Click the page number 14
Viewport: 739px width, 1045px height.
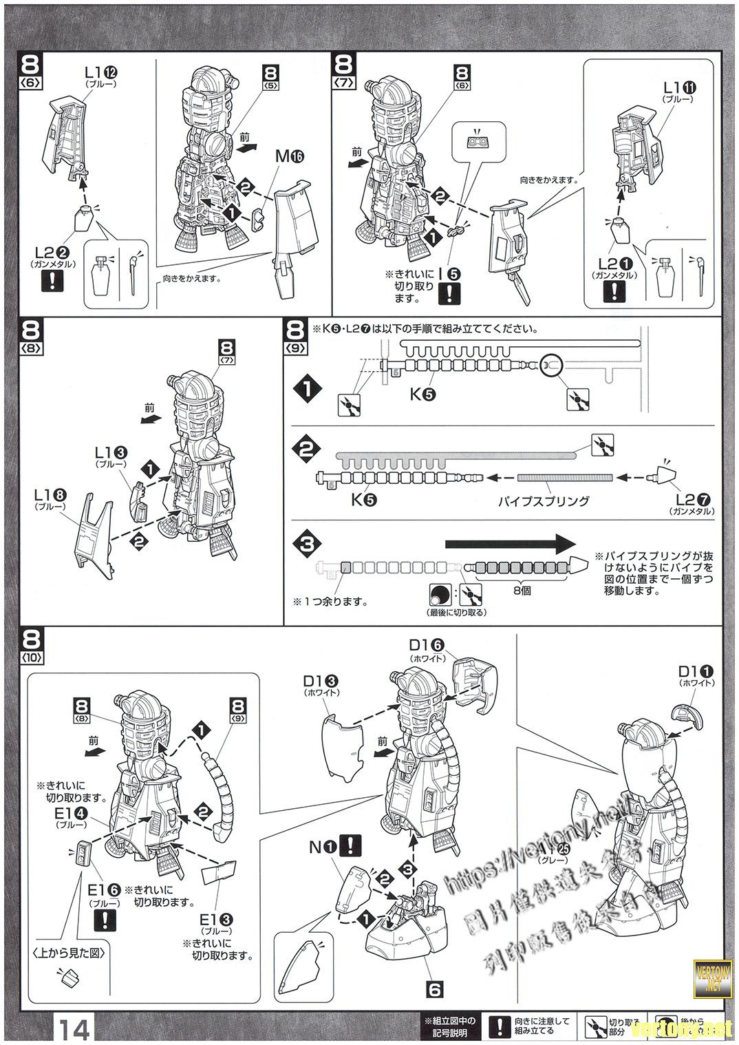(x=74, y=1031)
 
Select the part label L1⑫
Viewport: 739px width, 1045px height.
(x=100, y=72)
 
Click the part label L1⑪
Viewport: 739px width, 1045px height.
(x=680, y=88)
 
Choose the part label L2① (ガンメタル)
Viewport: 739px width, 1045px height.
(x=614, y=264)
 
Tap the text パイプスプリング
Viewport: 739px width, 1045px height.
(x=544, y=500)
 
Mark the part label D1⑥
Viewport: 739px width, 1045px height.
(x=427, y=645)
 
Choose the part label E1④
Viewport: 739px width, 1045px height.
(x=71, y=813)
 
